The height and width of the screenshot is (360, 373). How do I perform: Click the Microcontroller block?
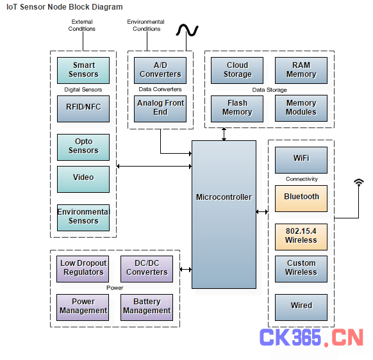click(x=224, y=214)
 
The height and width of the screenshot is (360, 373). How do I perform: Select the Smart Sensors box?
click(x=83, y=70)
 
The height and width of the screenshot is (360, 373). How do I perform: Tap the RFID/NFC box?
click(x=83, y=109)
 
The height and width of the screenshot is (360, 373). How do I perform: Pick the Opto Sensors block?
click(x=83, y=147)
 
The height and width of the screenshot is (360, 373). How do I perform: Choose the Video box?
click(x=83, y=179)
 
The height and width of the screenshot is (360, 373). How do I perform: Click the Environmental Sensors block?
click(x=83, y=218)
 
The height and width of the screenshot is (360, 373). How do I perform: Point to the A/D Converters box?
click(x=160, y=70)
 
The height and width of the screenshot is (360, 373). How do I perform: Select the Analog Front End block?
click(x=160, y=109)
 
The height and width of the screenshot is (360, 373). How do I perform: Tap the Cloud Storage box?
click(x=237, y=70)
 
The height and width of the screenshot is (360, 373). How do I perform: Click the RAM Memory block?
click(x=301, y=70)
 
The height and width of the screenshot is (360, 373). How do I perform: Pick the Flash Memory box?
click(x=237, y=109)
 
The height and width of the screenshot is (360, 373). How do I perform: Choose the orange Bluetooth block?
click(x=301, y=199)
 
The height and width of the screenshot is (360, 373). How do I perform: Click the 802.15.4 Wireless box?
click(x=301, y=237)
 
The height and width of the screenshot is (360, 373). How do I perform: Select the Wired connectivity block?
click(x=301, y=307)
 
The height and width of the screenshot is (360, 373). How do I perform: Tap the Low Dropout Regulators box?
click(x=83, y=269)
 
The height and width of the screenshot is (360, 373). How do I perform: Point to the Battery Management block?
click(x=147, y=307)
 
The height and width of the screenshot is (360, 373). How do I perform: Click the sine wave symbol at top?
click(x=187, y=30)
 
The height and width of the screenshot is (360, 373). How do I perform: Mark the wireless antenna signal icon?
click(x=359, y=182)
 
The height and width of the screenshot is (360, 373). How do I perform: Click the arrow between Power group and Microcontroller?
click(x=186, y=270)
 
